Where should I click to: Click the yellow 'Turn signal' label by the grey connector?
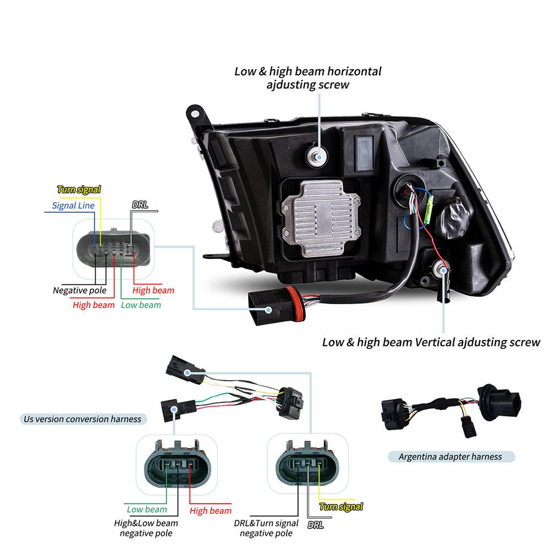79,190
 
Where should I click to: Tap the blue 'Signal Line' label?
73,206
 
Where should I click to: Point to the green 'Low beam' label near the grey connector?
141,305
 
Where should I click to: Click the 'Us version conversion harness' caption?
82,419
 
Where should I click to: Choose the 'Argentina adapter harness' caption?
450,457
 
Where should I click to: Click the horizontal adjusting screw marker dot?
318,156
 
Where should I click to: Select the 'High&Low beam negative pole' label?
146,528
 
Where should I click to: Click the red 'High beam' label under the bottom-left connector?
211,511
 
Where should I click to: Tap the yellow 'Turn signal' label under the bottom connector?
341,507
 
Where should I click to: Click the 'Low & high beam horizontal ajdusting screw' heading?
307,78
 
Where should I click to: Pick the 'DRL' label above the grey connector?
140,205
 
